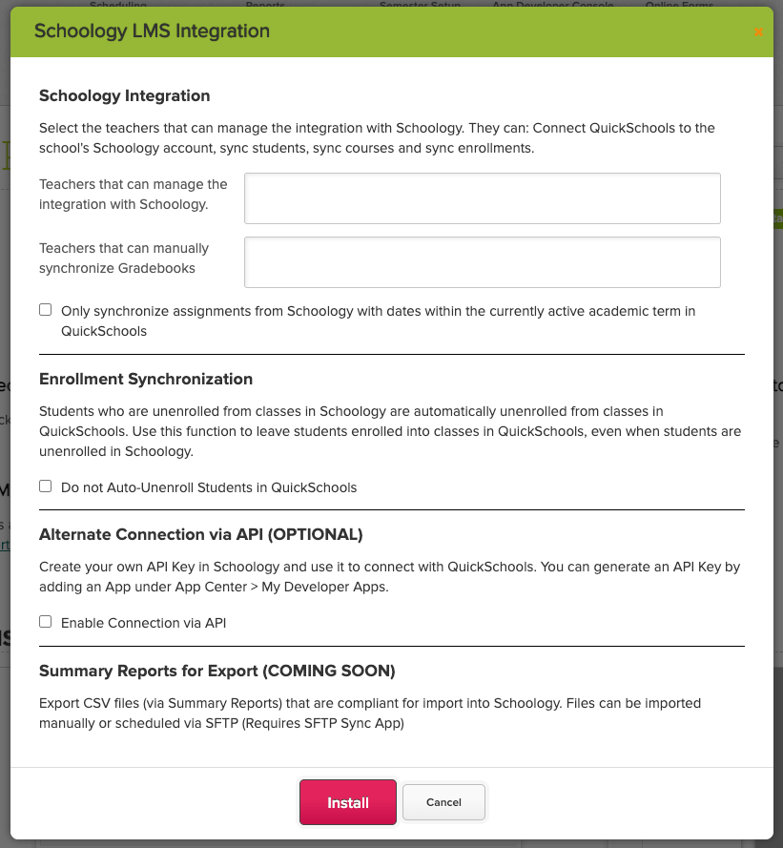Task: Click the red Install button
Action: (348, 802)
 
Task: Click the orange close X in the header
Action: (758, 32)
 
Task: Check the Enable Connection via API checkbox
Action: (45, 622)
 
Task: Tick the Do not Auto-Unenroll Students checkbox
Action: (45, 486)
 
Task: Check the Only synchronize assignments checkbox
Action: (45, 310)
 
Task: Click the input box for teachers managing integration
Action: (482, 198)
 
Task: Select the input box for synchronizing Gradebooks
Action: (482, 262)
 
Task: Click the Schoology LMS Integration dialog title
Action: (152, 31)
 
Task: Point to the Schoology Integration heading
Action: (124, 95)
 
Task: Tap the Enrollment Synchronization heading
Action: (146, 379)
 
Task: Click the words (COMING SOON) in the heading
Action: (331, 671)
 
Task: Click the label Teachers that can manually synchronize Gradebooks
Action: (124, 259)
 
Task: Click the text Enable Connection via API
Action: (143, 623)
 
